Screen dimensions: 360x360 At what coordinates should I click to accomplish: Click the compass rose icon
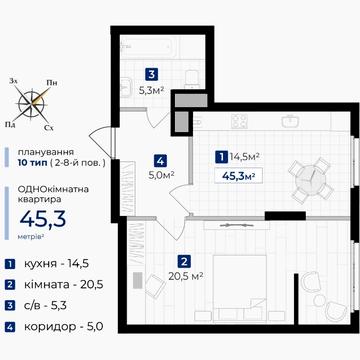33,103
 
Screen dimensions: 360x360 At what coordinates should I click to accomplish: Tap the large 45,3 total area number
43,219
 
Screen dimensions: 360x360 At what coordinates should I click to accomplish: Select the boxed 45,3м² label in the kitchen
238,176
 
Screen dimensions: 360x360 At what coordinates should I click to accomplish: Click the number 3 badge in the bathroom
152,74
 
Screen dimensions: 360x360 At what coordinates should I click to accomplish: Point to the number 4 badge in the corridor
160,162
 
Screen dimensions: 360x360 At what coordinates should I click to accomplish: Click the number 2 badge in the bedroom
184,262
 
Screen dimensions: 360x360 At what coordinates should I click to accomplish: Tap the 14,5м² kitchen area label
244,156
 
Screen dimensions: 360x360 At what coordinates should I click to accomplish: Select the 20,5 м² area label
186,276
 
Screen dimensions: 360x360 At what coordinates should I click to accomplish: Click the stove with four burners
239,121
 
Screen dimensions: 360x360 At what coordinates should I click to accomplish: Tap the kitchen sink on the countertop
289,121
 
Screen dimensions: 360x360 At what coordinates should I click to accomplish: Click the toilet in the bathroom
192,78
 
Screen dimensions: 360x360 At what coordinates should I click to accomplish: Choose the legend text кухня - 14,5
56,264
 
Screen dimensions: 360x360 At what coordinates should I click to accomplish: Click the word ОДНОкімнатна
53,190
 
